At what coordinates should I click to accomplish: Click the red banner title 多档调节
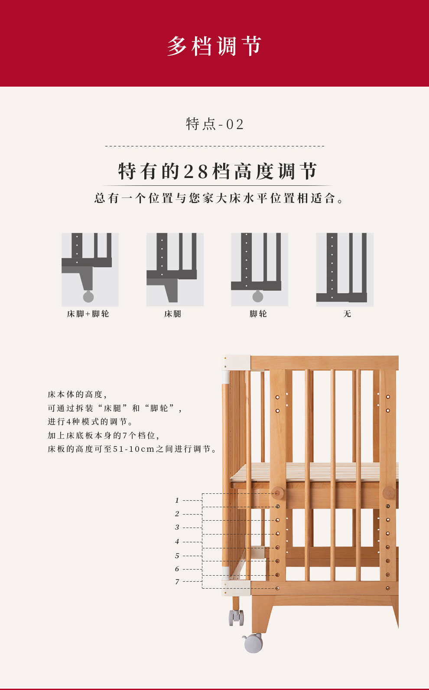[214, 46]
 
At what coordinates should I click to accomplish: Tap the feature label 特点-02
[215, 124]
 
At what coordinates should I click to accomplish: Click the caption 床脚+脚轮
[88, 314]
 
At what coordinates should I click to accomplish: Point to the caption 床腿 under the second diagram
[172, 314]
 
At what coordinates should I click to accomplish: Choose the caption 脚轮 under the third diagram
[258, 314]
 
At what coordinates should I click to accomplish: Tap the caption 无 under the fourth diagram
[347, 314]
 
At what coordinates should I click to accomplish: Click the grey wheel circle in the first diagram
[88, 297]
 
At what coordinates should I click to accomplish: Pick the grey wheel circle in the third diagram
[258, 297]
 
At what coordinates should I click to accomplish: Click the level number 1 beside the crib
[177, 500]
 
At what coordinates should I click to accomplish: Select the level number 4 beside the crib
[177, 541]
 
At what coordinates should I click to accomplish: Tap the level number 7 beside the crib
[177, 582]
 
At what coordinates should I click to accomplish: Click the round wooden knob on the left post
[277, 493]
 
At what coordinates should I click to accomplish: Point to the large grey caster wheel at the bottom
[253, 643]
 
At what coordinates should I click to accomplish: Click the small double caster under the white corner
[236, 617]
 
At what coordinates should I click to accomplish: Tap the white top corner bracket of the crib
[236, 363]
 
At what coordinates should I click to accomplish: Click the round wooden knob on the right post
[388, 493]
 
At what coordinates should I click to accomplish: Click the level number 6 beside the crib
[177, 569]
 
